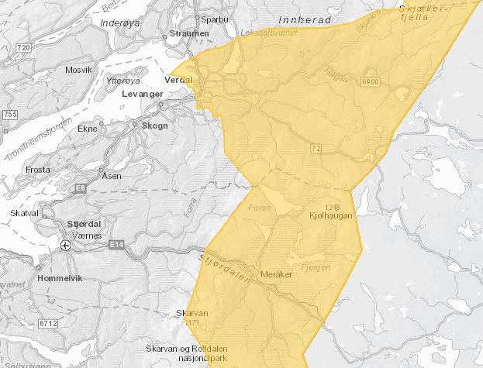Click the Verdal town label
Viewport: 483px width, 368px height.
coord(177,80)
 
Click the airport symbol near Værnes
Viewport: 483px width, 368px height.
coord(66,246)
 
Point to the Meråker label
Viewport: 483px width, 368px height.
coord(277,275)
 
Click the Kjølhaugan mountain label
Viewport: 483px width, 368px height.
coord(330,215)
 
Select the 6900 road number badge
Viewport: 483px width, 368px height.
coord(367,81)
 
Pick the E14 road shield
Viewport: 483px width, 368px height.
coord(117,245)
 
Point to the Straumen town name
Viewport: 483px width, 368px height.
coord(191,34)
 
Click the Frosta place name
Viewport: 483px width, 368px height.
coord(38,169)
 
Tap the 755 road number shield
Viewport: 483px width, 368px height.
coord(9,115)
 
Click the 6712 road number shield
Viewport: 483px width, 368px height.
coord(50,322)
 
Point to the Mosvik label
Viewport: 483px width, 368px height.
coord(78,70)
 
